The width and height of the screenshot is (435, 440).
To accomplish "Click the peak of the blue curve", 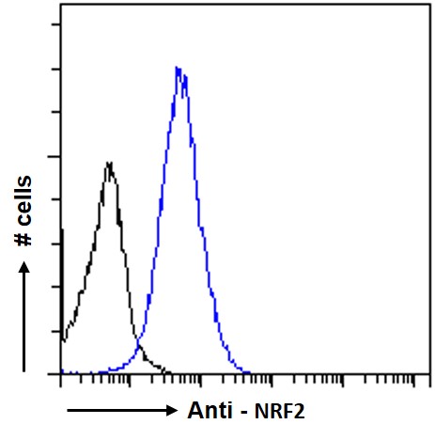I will click(x=179, y=68).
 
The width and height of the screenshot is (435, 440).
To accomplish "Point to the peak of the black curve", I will click(x=110, y=163).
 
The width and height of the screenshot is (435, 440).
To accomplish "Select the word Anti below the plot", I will click(x=205, y=411).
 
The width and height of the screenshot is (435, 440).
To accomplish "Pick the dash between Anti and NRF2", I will click(x=246, y=412).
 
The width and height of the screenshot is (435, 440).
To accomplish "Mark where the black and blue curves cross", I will click(x=141, y=350).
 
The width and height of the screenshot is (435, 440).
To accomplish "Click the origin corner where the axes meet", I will click(x=61, y=373).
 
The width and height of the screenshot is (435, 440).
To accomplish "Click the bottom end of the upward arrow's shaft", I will click(x=26, y=372).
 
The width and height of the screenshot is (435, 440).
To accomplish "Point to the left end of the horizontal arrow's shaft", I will click(x=67, y=411).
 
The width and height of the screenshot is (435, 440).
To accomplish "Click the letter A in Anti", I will click(x=194, y=411).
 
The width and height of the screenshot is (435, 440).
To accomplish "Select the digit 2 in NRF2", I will click(x=300, y=412).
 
